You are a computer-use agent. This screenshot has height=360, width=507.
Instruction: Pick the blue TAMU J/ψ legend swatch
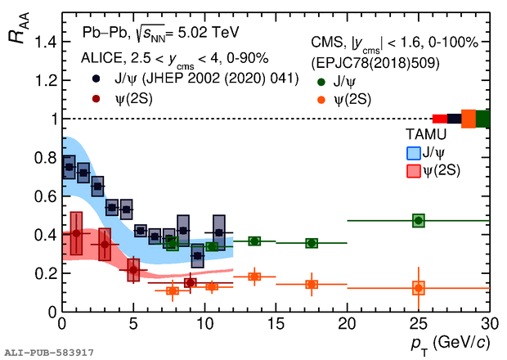[x=414, y=152]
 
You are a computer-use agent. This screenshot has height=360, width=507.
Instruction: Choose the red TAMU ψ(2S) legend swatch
[x=414, y=169]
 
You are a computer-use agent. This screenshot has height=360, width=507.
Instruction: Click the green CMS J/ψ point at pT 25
[x=419, y=220]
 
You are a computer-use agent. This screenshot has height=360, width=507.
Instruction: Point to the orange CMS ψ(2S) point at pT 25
[x=419, y=288]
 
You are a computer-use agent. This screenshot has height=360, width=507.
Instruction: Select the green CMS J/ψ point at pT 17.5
[x=312, y=243]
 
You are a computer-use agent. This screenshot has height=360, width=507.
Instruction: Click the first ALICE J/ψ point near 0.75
[x=69, y=167]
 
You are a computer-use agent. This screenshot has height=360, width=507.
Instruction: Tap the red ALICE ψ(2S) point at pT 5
[x=133, y=269]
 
